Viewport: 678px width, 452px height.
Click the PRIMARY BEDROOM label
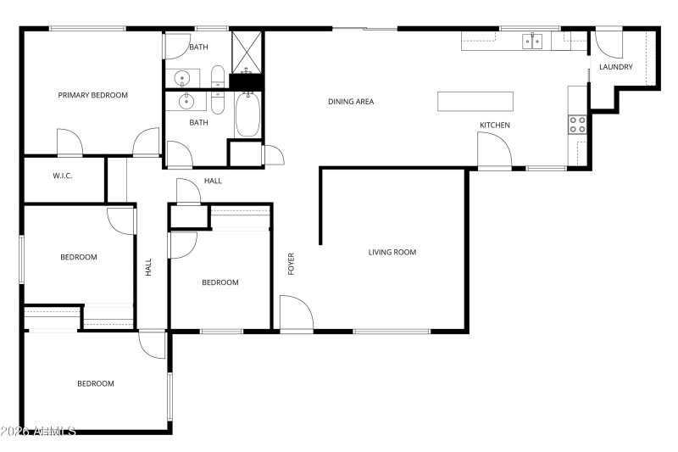(x=92, y=95)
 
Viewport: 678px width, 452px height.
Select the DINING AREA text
(x=351, y=102)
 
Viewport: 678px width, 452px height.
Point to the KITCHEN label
(x=495, y=126)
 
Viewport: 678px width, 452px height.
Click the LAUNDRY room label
(x=615, y=67)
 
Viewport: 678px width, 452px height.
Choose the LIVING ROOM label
(x=392, y=252)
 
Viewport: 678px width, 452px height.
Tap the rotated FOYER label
(x=292, y=264)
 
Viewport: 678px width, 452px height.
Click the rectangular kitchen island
(x=475, y=101)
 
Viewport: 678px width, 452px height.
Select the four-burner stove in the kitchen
(x=577, y=125)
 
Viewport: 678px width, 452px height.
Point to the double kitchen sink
(x=532, y=41)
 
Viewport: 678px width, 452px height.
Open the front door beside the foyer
(x=297, y=314)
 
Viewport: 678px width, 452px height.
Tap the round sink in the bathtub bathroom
(x=186, y=103)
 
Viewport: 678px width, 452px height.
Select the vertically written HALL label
(x=148, y=268)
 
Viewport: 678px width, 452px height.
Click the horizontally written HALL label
(x=213, y=181)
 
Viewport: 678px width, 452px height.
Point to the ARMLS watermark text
(x=38, y=432)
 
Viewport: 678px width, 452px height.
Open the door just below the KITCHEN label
(x=494, y=153)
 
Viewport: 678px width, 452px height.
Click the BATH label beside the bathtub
(x=198, y=122)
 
